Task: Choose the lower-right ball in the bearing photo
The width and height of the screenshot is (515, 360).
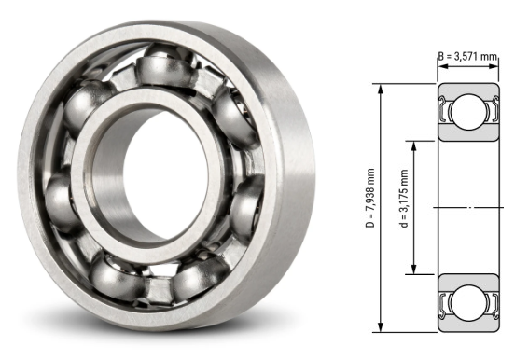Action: pyautogui.click(x=201, y=277)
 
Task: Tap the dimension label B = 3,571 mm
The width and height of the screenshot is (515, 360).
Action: pyautogui.click(x=473, y=57)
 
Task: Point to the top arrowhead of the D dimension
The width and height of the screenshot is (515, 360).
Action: pyautogui.click(x=382, y=88)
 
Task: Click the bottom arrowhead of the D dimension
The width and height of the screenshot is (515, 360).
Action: pyautogui.click(x=382, y=328)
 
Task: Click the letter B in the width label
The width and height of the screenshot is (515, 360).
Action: pyautogui.click(x=441, y=57)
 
